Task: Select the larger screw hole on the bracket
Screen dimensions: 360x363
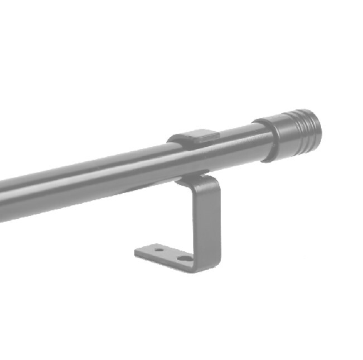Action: pos(183,258)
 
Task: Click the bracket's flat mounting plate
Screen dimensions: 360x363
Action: pos(167,254)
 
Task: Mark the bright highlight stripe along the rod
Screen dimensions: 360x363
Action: pos(112,167)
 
